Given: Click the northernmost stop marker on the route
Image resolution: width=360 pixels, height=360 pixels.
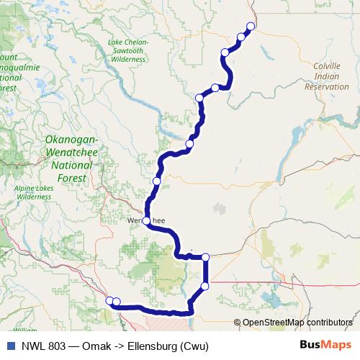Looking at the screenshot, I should coord(251,27).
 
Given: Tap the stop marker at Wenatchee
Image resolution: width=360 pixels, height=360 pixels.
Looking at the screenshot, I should coord(146,220).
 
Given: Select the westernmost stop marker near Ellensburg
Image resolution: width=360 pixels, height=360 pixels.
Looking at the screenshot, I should coord(109,301).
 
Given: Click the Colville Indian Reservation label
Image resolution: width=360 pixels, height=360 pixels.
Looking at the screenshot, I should coord(326,76).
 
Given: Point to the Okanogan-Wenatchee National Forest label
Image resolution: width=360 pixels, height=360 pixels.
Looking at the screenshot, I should coord(66,158).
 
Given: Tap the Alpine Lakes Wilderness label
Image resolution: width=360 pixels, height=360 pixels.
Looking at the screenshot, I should coord(34,192).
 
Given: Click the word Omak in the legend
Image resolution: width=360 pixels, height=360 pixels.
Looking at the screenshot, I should coord(96,345).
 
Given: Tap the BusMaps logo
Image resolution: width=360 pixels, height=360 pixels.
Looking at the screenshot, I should coord(325,345).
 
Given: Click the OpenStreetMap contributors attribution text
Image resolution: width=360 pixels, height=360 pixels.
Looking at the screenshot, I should coord(297,323).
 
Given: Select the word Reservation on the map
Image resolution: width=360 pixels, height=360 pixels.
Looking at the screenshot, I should coord(326,86).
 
